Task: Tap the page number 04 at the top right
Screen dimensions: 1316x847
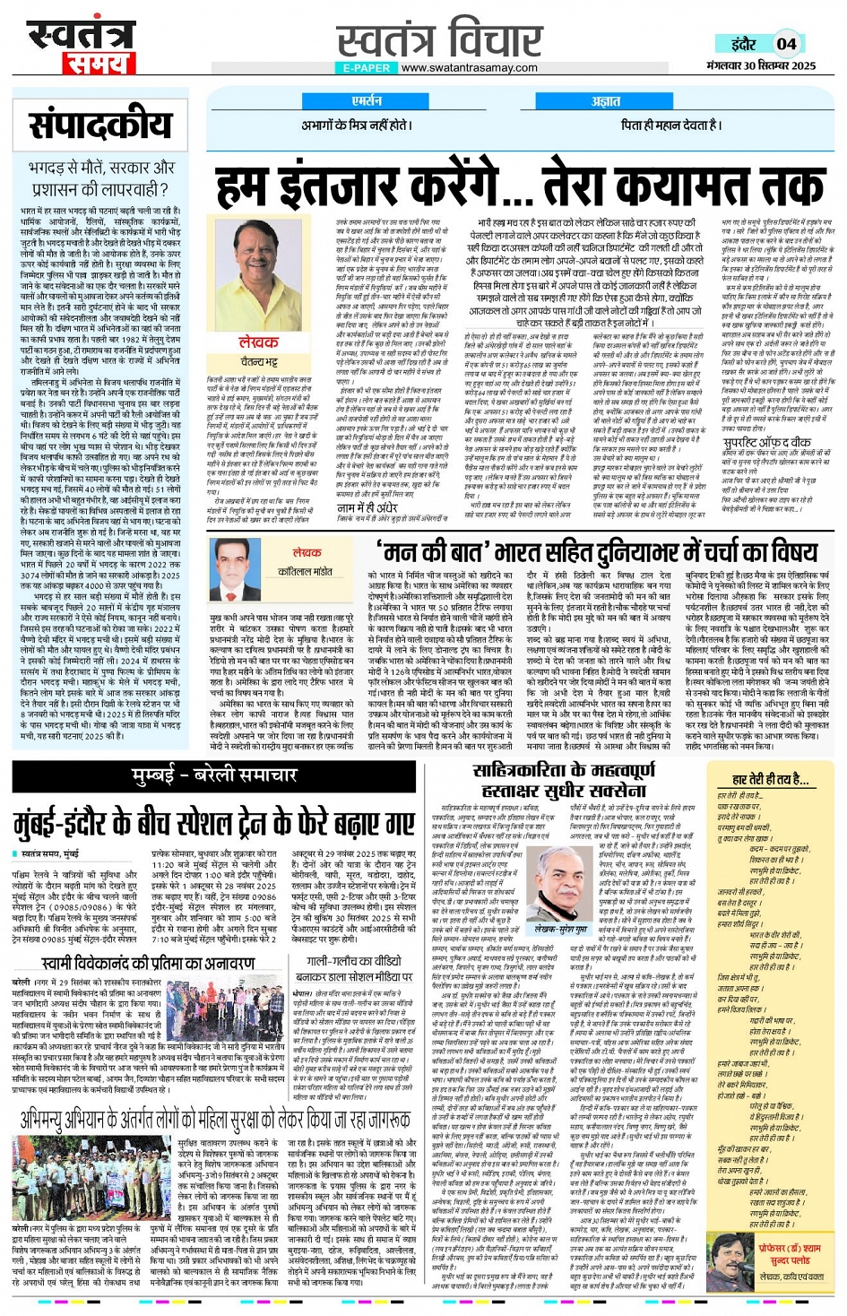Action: [786, 44]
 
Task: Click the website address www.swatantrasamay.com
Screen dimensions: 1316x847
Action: [469, 67]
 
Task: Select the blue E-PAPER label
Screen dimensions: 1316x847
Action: [367, 68]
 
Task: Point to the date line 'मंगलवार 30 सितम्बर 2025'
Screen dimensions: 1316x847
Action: [760, 65]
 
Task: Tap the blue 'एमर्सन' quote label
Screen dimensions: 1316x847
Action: [367, 101]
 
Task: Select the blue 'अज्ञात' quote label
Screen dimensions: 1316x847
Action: [606, 101]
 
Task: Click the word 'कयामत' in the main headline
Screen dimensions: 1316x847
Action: [668, 186]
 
